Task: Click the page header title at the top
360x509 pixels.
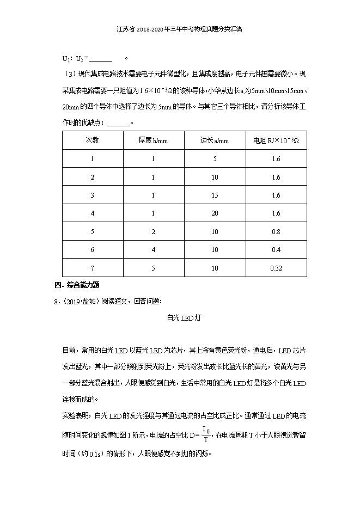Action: coord(179,30)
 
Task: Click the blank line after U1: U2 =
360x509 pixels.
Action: coord(100,59)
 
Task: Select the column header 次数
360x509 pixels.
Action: coord(92,140)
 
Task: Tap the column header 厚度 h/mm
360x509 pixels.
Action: coord(153,140)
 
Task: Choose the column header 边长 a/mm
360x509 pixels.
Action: coord(215,140)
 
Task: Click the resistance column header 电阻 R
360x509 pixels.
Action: coord(276,140)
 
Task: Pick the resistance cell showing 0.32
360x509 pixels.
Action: coord(276,268)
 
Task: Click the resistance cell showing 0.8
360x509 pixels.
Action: coord(276,231)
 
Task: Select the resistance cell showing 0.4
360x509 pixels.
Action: coord(276,250)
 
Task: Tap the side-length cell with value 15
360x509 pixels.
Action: coord(215,195)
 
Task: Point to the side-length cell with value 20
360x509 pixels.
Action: coord(215,213)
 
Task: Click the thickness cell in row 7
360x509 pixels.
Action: coord(153,268)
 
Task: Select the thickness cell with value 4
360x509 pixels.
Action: coord(153,250)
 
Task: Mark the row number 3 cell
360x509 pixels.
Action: coord(92,195)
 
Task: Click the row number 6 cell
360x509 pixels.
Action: coord(92,250)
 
